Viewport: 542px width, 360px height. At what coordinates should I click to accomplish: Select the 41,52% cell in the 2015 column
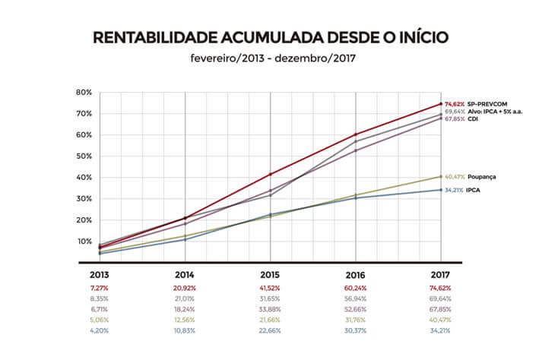271,289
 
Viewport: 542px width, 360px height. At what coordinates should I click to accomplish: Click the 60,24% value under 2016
356,289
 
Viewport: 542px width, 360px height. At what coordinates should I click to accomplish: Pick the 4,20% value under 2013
100,331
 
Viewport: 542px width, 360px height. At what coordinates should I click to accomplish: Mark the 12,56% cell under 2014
185,321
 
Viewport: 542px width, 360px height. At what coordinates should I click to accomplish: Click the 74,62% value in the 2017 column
441,289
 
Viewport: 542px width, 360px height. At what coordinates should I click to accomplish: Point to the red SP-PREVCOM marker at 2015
271,174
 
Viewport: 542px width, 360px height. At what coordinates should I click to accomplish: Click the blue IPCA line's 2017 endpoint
441,190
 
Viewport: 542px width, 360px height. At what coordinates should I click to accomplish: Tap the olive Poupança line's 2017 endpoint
441,176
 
